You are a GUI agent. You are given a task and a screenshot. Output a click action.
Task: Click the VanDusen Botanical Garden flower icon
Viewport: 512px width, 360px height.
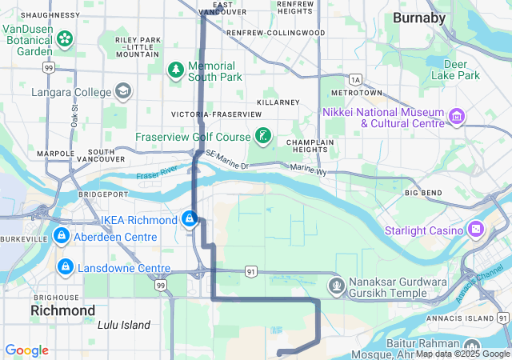pos(65,38)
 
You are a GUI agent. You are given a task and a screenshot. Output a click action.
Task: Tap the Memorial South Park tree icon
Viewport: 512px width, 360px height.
pos(175,70)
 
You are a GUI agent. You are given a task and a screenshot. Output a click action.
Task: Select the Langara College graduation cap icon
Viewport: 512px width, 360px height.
pos(123,92)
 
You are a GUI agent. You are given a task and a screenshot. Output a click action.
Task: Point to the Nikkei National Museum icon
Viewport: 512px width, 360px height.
pos(457,118)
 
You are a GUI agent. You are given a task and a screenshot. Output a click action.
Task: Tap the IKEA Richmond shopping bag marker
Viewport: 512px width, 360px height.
pos(190,218)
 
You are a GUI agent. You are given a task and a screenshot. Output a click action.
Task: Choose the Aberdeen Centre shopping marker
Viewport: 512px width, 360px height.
pos(61,237)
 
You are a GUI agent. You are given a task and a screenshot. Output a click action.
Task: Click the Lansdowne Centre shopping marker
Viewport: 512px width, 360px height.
pos(65,266)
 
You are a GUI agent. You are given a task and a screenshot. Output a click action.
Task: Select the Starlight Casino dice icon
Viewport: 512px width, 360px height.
pos(476,230)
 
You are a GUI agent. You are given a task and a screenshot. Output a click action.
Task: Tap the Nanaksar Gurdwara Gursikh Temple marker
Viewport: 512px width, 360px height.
pos(336,285)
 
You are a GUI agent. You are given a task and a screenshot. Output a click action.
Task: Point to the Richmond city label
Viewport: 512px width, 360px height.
pos(62,310)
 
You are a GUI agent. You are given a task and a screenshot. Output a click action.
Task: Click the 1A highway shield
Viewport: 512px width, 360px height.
pos(355,79)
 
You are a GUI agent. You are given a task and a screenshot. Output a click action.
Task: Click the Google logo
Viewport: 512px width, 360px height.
pos(26,350)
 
